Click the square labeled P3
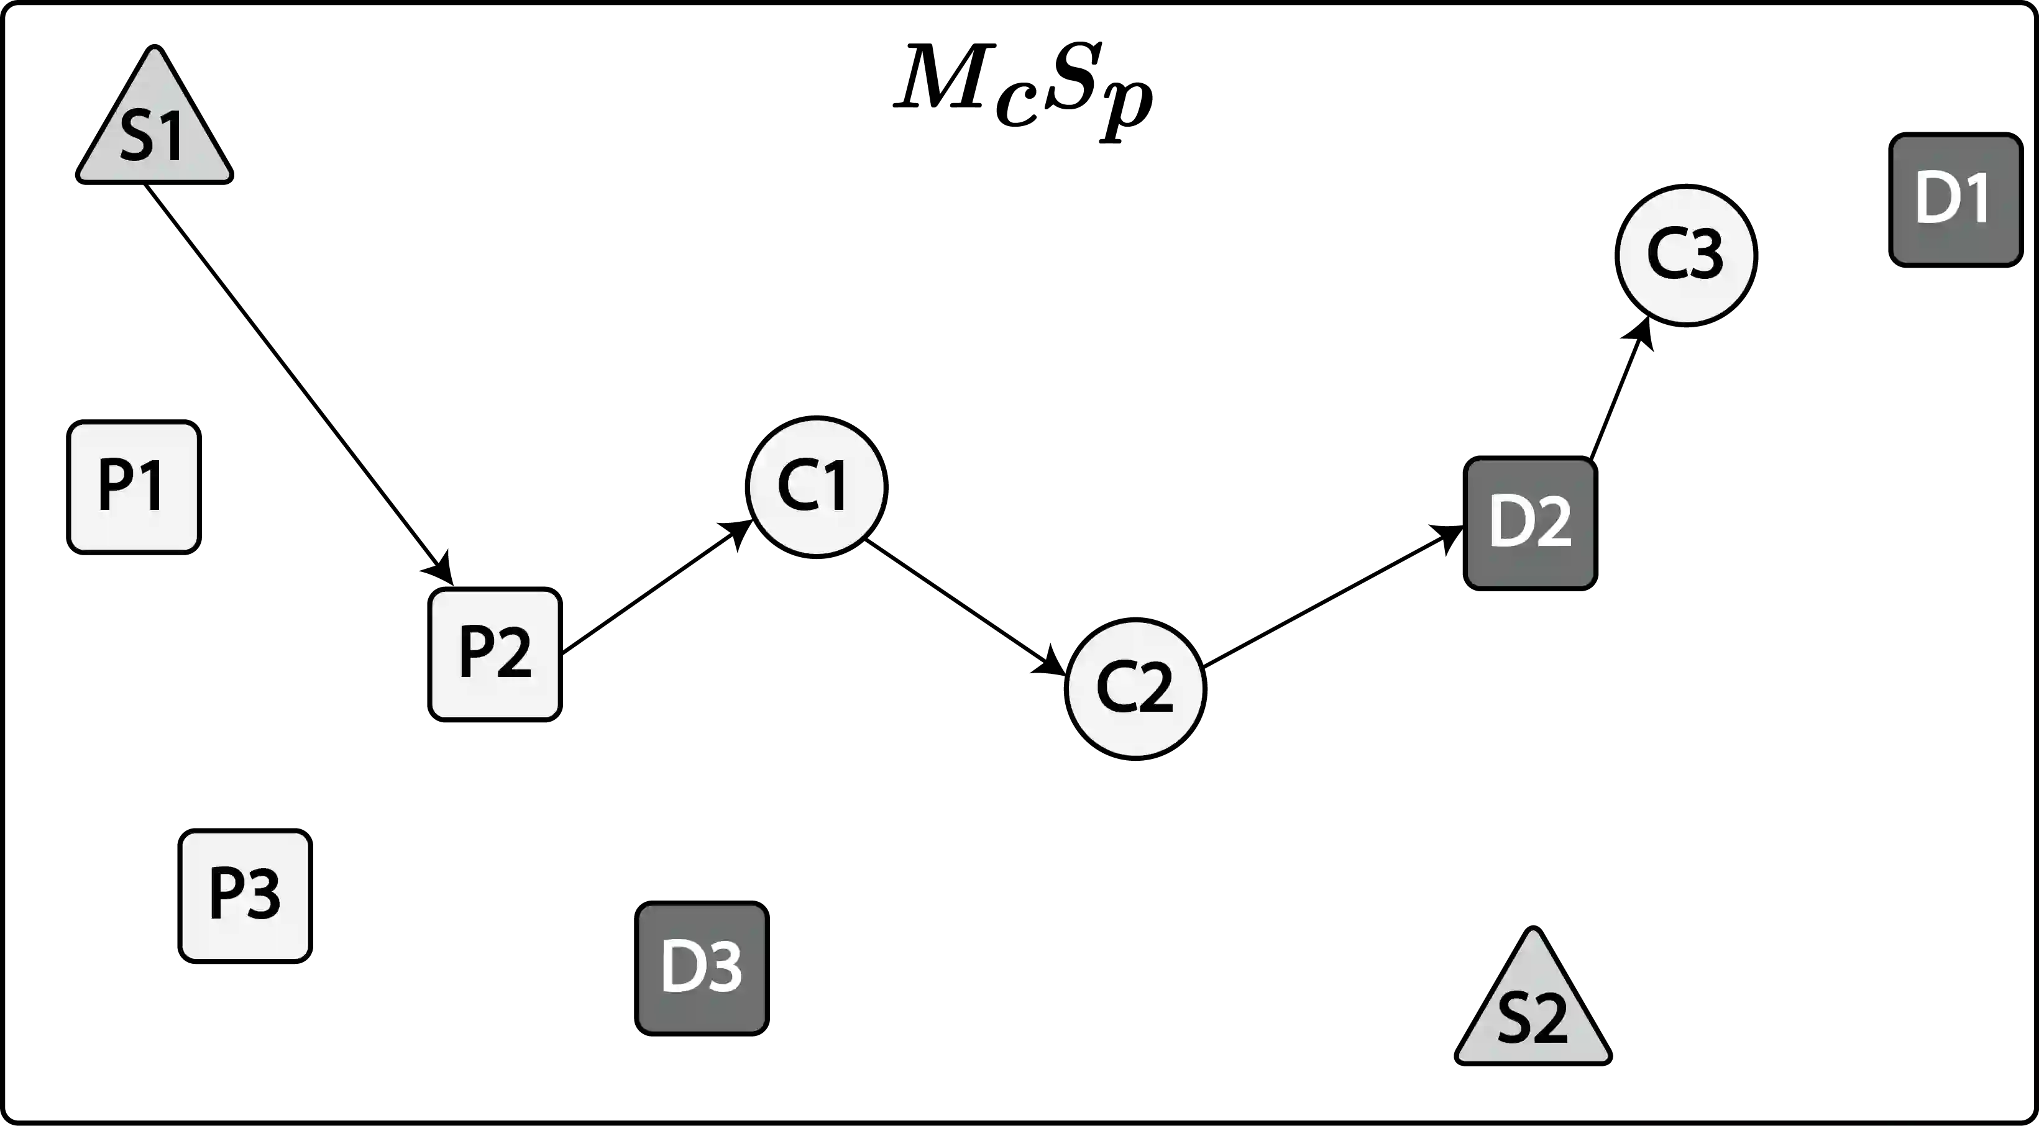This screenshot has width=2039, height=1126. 244,895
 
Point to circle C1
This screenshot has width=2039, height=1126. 815,485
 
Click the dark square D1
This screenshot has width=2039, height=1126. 1953,199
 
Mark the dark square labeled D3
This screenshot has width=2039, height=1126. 701,968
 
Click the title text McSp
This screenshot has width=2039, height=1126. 1022,87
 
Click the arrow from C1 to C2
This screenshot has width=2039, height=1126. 966,607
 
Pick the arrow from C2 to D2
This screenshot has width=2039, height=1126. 1330,597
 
